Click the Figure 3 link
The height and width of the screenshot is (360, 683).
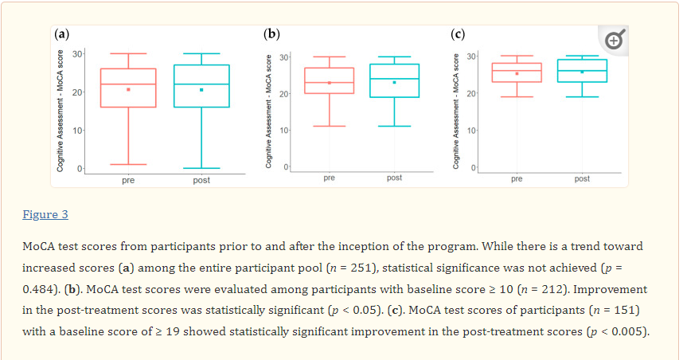coord(45,215)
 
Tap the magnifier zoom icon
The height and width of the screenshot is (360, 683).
coord(614,39)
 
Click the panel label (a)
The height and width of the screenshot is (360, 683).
coord(61,34)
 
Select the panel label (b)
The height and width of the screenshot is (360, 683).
coord(271,34)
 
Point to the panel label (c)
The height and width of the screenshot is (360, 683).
coord(458,34)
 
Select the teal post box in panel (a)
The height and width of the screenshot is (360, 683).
coord(201,85)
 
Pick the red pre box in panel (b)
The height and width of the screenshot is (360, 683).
coord(329,80)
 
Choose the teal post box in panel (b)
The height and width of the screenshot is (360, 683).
coord(394,80)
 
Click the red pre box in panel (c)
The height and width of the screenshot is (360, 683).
coord(517,72)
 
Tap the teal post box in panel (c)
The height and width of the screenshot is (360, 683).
coord(582,71)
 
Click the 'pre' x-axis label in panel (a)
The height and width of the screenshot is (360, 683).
coord(128,181)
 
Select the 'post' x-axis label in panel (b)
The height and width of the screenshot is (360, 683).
coord(394,178)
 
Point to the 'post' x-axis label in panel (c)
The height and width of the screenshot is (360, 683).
coord(582,179)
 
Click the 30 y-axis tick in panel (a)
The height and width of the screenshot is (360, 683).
coord(78,53)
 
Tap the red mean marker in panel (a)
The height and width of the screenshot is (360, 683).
coord(128,89)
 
